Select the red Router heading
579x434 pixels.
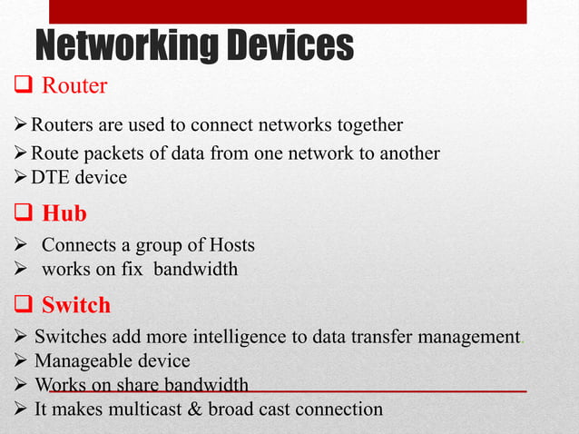coord(74,86)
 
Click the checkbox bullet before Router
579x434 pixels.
coord(24,86)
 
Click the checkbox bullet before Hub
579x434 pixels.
coord(24,214)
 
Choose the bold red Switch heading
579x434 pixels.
coord(76,304)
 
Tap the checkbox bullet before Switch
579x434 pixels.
coord(24,305)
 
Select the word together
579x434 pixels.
coord(368,123)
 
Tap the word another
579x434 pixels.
coord(403,153)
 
